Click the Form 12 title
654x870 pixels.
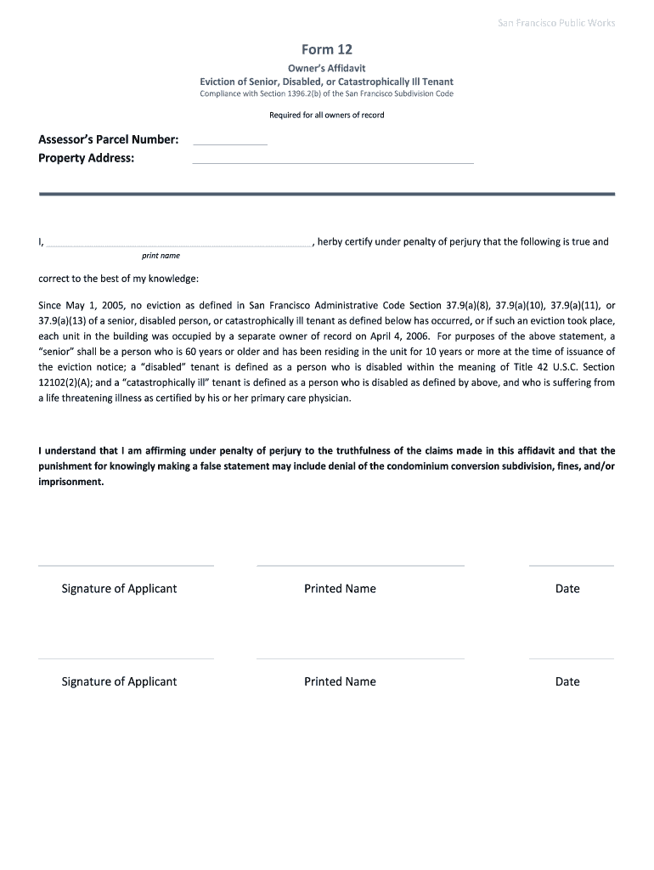pyautogui.click(x=326, y=49)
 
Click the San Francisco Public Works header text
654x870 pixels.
pyautogui.click(x=555, y=23)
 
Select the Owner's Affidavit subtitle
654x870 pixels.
pyautogui.click(x=326, y=68)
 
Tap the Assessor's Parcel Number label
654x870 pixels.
pyautogui.click(x=108, y=139)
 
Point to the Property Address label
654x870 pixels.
pyautogui.click(x=87, y=158)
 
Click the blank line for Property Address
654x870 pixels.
pyautogui.click(x=333, y=163)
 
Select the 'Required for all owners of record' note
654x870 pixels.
pyautogui.click(x=326, y=115)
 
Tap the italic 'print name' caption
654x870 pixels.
pyautogui.click(x=161, y=256)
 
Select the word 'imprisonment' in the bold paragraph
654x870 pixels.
pyautogui.click(x=70, y=482)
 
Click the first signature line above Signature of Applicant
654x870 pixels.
pyautogui.click(x=126, y=565)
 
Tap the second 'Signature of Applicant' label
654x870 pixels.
pyautogui.click(x=119, y=681)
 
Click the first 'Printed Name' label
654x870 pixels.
pyautogui.click(x=340, y=589)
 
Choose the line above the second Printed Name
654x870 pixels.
pyautogui.click(x=360, y=658)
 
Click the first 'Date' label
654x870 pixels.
pyautogui.click(x=567, y=589)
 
